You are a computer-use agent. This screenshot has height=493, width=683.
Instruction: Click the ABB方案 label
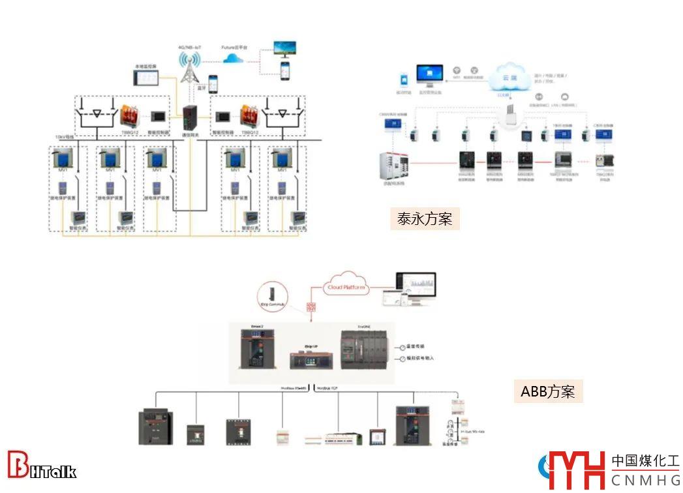pyautogui.click(x=547, y=391)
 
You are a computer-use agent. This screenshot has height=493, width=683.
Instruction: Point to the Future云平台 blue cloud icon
pyautogui.click(x=234, y=59)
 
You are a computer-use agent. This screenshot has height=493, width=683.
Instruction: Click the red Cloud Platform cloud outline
pyautogui.click(x=346, y=287)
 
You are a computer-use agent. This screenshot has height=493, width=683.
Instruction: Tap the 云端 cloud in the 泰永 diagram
pyautogui.click(x=509, y=75)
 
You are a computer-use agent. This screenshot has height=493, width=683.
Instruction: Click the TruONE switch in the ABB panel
pyautogui.click(x=367, y=351)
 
